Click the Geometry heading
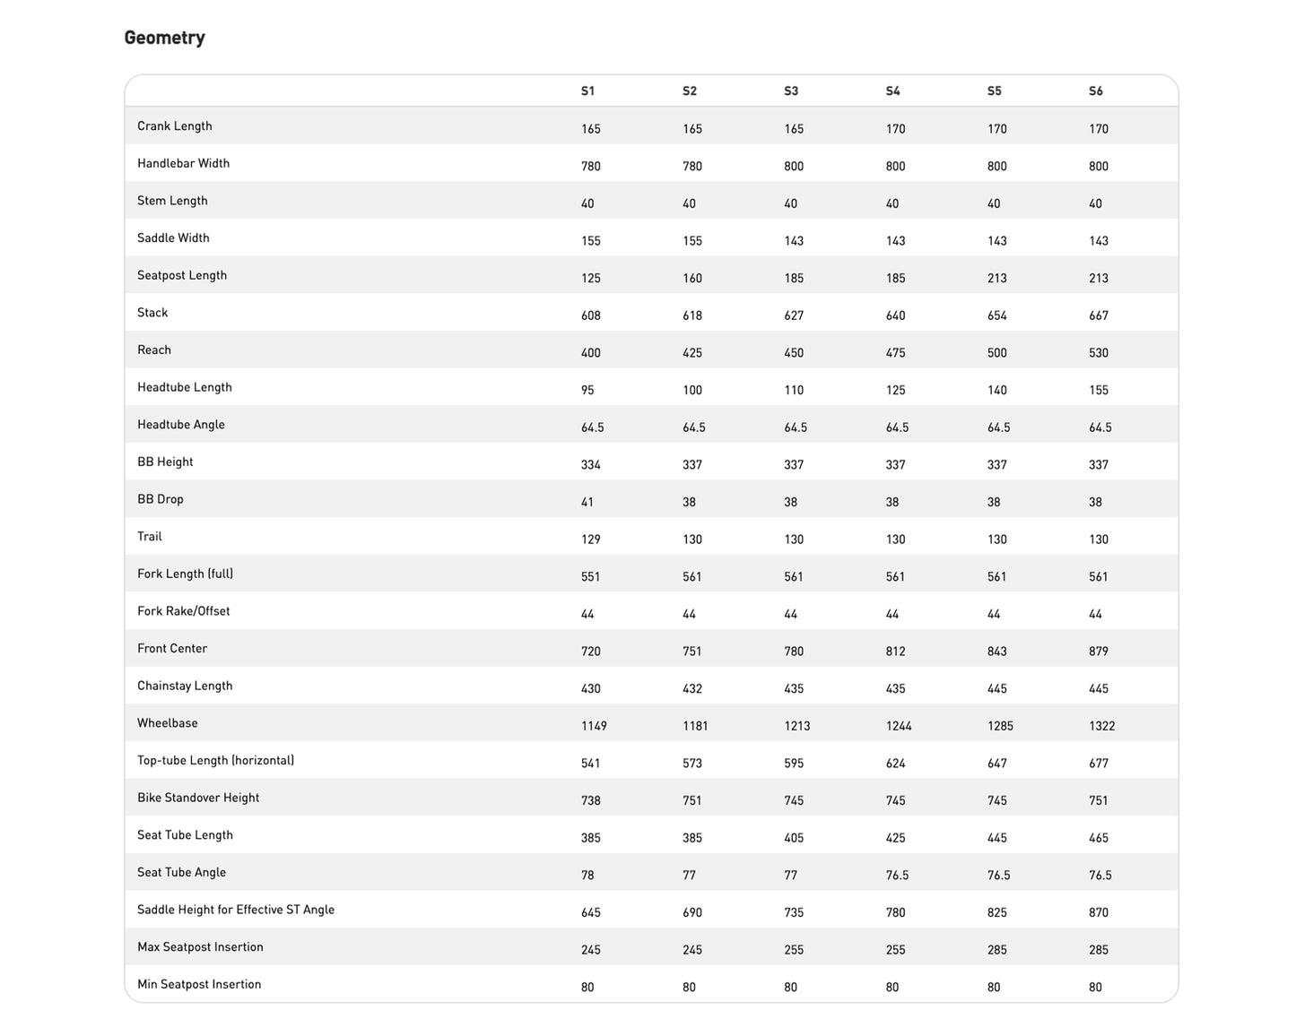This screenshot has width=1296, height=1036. (x=164, y=38)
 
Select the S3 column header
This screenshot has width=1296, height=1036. (x=791, y=91)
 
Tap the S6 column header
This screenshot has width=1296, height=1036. (x=1096, y=91)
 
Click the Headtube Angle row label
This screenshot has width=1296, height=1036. (x=181, y=425)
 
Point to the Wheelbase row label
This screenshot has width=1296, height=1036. (x=168, y=723)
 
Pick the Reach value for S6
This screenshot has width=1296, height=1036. (x=1099, y=353)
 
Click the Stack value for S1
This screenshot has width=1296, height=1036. (x=591, y=315)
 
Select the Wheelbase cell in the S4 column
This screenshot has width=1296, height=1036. (x=899, y=726)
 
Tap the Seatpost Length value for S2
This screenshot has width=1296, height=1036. (x=692, y=279)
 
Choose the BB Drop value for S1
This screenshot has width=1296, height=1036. (x=587, y=503)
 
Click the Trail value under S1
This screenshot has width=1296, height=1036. (x=591, y=540)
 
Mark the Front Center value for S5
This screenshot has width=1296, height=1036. (x=997, y=652)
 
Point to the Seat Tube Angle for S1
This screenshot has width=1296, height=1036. (x=587, y=876)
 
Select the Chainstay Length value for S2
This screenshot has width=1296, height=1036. (x=692, y=689)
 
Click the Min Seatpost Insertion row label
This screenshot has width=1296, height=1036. (x=199, y=984)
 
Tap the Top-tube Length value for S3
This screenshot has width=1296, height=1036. (x=794, y=764)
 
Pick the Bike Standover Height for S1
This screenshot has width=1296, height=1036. (x=591, y=801)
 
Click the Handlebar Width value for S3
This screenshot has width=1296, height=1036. (x=794, y=167)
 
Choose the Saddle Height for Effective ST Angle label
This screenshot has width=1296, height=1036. (x=236, y=910)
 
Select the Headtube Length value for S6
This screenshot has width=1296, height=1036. (x=1099, y=391)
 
